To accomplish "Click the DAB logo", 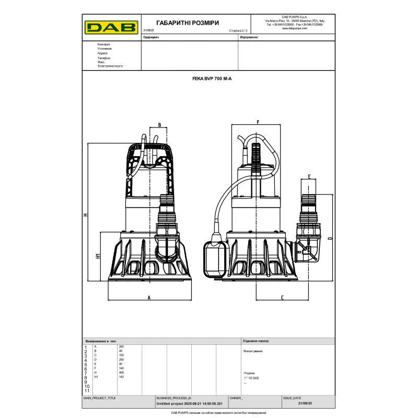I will (111, 26).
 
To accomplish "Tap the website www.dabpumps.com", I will (295, 28).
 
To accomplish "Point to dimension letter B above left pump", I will (159, 125).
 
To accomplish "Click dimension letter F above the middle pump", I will (258, 122).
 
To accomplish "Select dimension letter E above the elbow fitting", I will (309, 177).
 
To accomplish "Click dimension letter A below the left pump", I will (149, 297).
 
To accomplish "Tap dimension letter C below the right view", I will (282, 297).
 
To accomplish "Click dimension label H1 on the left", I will (98, 256).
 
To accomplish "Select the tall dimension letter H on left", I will (85, 214).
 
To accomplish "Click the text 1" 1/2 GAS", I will (252, 377).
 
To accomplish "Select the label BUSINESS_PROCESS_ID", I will (174, 398).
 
